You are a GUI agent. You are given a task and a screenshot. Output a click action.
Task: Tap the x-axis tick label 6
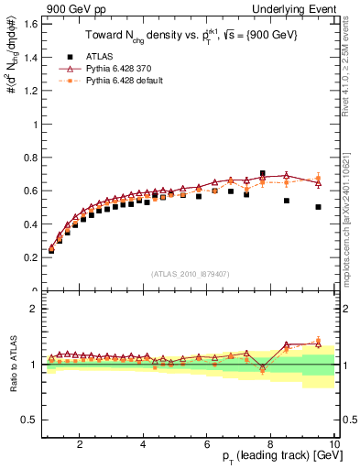pyautogui.click(x=207, y=445)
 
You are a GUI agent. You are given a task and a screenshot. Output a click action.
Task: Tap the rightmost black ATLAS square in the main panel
pyautogui.click(x=318, y=207)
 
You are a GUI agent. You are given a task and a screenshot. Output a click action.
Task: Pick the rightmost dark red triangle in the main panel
pyautogui.click(x=318, y=182)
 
